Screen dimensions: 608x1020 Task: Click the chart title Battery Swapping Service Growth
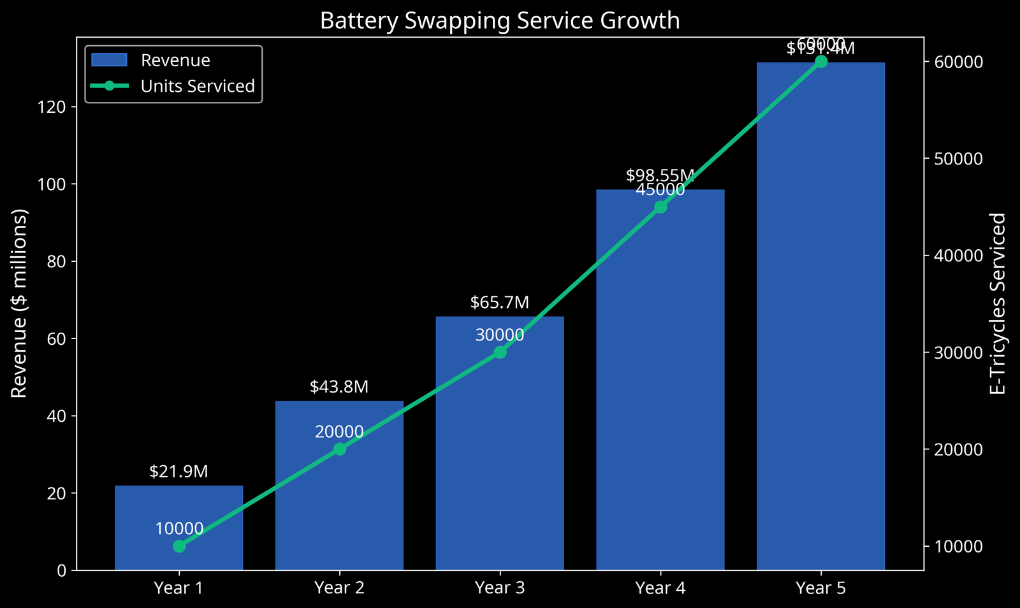(x=500, y=20)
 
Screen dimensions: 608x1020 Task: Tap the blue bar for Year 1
(x=179, y=510)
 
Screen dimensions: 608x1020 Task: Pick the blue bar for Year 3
(x=500, y=446)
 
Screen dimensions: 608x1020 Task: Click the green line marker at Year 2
(x=340, y=449)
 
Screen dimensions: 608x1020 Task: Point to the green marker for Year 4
(x=660, y=207)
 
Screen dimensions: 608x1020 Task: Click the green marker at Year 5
(x=821, y=61)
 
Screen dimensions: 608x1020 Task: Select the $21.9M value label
(x=179, y=472)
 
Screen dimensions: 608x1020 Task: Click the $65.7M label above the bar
(x=500, y=303)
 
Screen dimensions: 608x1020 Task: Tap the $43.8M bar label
(x=340, y=387)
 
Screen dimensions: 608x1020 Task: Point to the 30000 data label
(x=500, y=335)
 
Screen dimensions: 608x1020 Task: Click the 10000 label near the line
(x=179, y=529)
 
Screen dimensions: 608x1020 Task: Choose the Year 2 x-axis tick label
(x=340, y=588)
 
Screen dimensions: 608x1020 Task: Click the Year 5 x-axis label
(x=821, y=588)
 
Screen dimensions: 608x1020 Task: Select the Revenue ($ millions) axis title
(x=20, y=303)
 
